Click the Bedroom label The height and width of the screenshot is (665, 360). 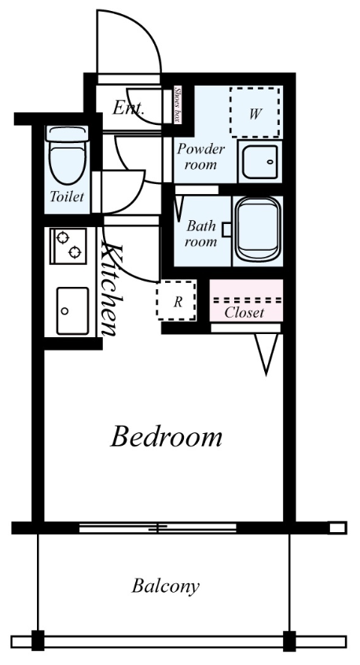tap(166, 436)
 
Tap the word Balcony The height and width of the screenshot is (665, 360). tap(165, 586)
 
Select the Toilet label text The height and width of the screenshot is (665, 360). tap(67, 197)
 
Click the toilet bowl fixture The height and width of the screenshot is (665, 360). tap(67, 163)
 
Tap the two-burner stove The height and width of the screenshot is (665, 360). tap(68, 246)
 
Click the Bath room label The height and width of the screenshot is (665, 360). tap(201, 233)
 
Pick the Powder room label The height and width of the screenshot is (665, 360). tap(200, 156)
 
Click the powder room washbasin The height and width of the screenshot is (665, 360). tap(260, 162)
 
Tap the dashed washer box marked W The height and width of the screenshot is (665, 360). tap(255, 112)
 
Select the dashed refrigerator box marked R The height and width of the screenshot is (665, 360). tap(176, 300)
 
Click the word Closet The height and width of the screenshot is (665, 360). tap(244, 313)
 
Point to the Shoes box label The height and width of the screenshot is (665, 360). tap(178, 104)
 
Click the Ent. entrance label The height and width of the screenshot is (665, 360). tap(128, 108)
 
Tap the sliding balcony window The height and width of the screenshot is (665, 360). tap(158, 528)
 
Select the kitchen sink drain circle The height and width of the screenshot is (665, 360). tap(64, 310)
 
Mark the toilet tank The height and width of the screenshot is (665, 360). tap(67, 134)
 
